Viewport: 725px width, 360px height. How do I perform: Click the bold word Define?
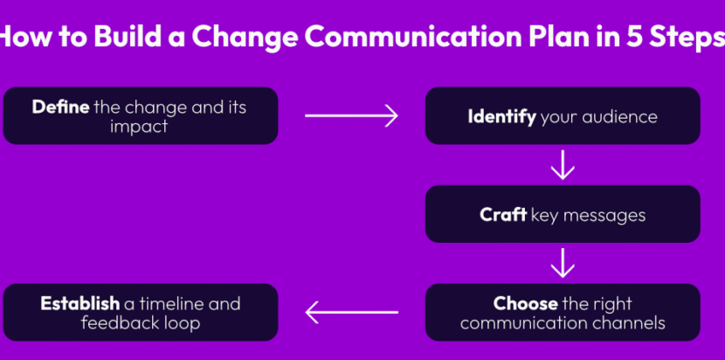(60, 107)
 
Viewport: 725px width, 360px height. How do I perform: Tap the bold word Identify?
(501, 116)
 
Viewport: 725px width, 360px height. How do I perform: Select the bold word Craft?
(503, 214)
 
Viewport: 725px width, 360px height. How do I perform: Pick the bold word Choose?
(525, 304)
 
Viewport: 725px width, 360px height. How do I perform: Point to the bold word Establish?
(79, 304)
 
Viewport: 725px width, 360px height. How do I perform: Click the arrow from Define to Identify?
(351, 115)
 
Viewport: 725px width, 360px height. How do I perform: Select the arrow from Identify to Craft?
(563, 164)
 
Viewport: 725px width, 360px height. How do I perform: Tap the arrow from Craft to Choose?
(563, 262)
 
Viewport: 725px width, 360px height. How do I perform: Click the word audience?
(619, 116)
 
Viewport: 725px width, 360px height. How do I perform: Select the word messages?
(604, 214)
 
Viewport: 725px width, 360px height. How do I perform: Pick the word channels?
(626, 323)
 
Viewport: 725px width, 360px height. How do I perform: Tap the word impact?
(140, 127)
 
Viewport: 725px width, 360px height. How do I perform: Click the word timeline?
(173, 304)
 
